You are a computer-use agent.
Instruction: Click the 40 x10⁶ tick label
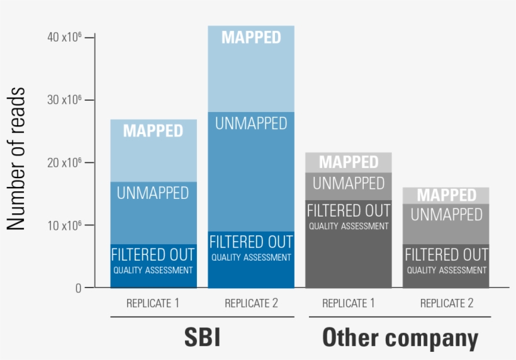tap(64, 37)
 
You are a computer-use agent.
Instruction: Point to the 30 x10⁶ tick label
tap(64, 100)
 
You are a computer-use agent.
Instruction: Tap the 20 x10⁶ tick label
tap(64, 162)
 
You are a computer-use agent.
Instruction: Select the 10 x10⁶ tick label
tap(64, 225)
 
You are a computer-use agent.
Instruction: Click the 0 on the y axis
tap(78, 288)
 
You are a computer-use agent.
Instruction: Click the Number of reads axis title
tap(16, 159)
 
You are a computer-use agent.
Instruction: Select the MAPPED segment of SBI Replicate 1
tap(153, 150)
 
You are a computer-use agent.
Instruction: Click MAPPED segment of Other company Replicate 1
tap(349, 162)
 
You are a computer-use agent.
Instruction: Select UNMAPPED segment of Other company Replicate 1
tap(349, 186)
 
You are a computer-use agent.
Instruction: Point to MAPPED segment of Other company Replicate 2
tap(447, 195)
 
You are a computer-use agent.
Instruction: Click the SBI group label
tap(202, 338)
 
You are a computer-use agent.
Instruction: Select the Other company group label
tap(400, 338)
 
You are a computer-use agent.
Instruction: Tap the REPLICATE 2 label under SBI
tap(251, 303)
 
